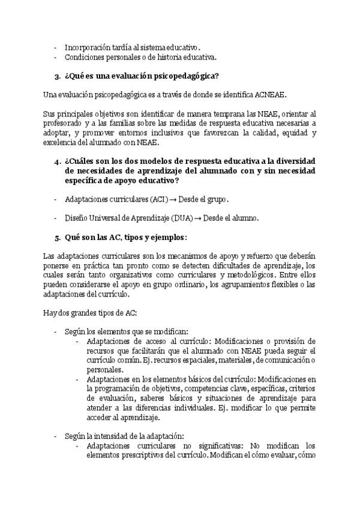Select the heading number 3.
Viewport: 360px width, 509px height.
tap(56, 76)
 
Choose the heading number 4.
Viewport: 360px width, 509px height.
tap(56, 162)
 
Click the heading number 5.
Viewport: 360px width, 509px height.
tap(56, 237)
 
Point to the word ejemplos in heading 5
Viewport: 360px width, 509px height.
tap(166, 237)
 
